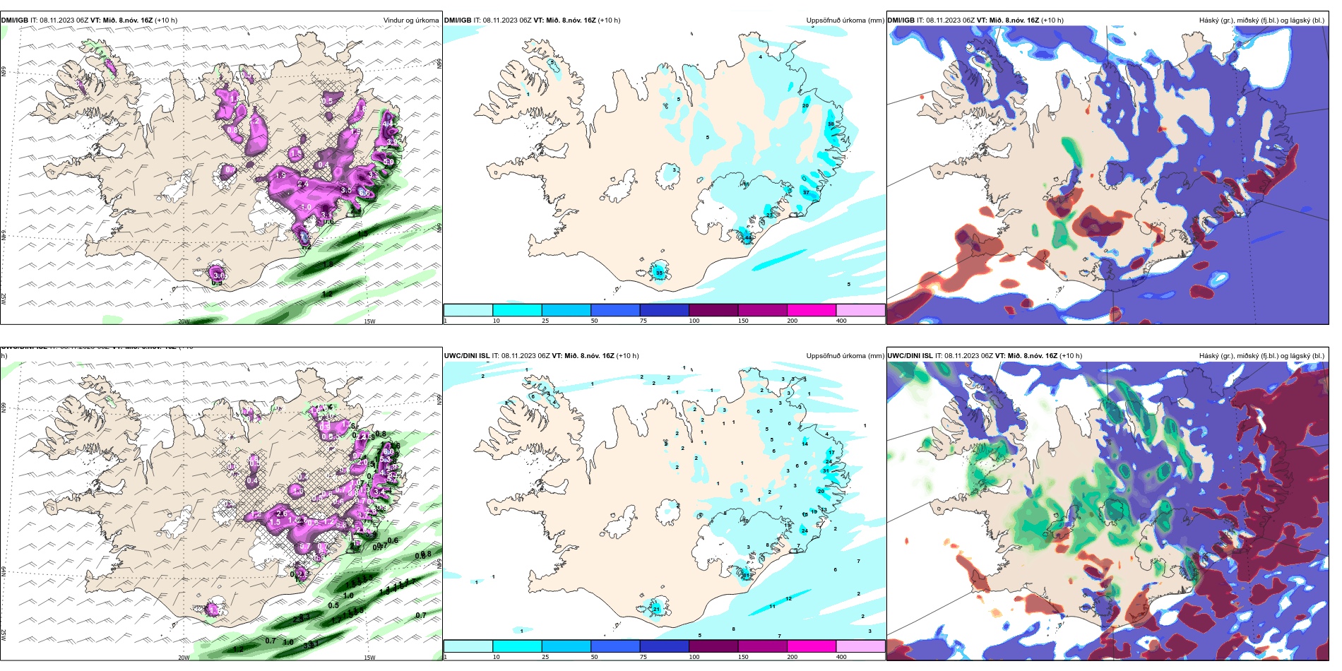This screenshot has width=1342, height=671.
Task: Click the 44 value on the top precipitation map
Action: point(747,238)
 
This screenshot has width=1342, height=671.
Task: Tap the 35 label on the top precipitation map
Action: point(659,273)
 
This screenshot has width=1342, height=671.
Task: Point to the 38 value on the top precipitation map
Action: point(831,124)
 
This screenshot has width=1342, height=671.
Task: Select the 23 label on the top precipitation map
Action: point(769,215)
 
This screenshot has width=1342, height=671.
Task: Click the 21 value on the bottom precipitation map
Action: point(656,609)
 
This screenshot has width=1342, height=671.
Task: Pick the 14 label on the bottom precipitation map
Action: point(804,444)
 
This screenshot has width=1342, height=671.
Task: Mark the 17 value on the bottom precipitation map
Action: point(831,453)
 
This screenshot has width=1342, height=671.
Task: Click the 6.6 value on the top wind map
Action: point(364,191)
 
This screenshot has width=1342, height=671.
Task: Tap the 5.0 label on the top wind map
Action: point(388,162)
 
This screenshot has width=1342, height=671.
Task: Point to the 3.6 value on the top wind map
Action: point(218,275)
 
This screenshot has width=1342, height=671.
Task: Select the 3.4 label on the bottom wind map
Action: point(379,492)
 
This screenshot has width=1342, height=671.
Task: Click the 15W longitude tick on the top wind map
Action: point(369,321)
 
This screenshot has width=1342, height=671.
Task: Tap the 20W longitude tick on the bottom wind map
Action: point(184,658)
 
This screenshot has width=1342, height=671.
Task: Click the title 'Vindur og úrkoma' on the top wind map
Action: point(410,20)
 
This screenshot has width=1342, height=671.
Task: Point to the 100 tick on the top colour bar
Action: point(694,321)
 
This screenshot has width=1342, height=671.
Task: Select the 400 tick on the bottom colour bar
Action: point(841,657)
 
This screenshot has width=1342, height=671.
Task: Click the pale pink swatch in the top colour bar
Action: point(860,310)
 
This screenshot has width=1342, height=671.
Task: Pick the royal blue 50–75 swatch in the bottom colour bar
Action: point(615,646)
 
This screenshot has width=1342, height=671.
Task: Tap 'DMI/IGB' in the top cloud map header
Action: point(901,20)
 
